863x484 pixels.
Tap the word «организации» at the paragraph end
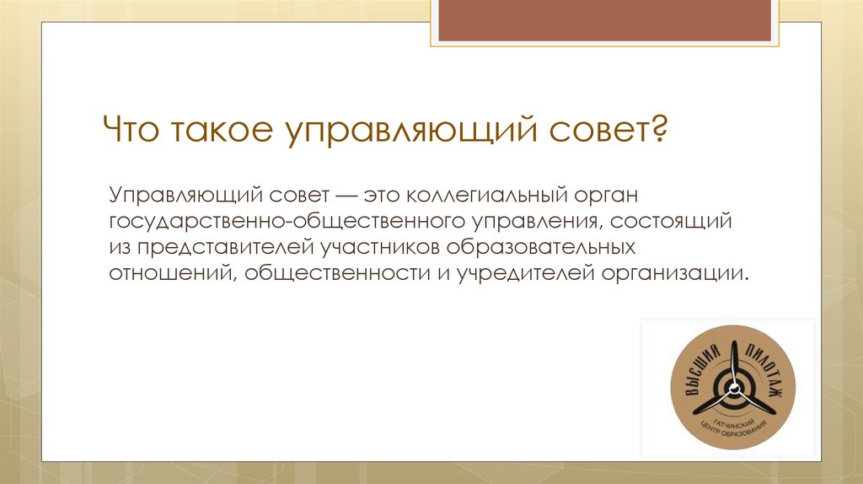(674, 274)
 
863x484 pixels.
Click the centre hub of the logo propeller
(732, 390)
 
